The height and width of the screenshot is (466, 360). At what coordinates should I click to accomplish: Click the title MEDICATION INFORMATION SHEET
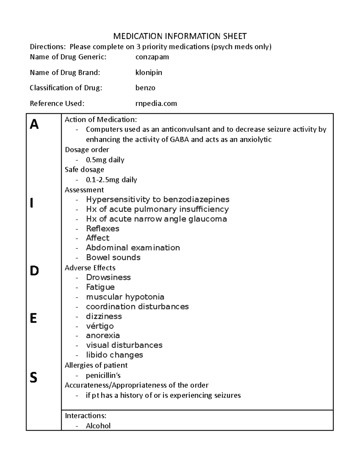coord(180,36)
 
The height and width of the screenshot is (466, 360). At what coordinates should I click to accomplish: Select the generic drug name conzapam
coord(152,57)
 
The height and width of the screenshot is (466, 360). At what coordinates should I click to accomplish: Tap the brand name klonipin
coord(149,73)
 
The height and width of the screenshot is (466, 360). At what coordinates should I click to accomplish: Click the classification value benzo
coord(145,88)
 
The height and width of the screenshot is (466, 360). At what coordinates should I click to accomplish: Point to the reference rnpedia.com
coord(156,104)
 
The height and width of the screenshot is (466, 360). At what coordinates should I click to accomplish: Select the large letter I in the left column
coord(32,203)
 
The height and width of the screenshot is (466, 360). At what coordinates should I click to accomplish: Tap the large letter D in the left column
coord(34,271)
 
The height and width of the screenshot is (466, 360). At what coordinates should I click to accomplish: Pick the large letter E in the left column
coord(33,318)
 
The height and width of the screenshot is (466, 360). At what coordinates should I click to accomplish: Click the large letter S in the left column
coord(33,377)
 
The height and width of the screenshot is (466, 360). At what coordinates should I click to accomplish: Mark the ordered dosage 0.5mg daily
coord(105,160)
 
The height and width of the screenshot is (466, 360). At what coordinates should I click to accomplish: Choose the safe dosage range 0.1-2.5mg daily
coord(111,180)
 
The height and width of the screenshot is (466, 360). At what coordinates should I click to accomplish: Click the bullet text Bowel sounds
coord(113,257)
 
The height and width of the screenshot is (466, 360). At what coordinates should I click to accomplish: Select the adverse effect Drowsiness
coord(108,277)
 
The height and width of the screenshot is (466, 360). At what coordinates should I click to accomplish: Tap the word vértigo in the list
coord(100,326)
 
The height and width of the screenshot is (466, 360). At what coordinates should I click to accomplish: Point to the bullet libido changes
coord(114,355)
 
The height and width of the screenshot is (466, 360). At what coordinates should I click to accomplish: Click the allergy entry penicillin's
coord(103,375)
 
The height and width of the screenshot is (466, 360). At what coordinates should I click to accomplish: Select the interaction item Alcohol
coord(98,426)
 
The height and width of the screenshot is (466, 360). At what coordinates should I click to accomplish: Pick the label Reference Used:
coord(57,104)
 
